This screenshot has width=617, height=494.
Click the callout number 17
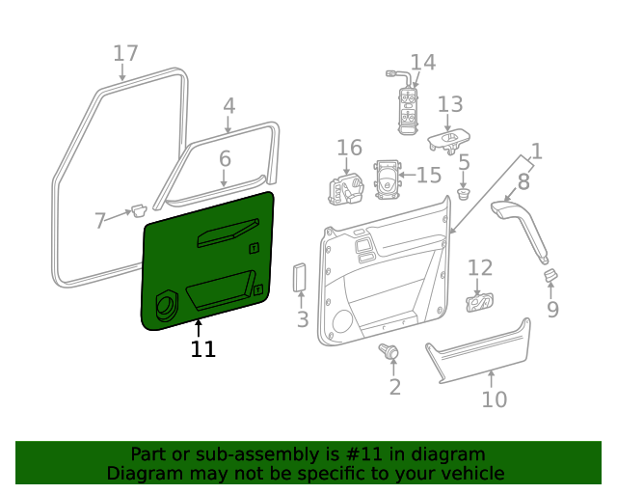tap(125, 53)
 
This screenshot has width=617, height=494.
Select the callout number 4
tap(228, 106)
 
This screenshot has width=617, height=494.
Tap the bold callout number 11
tap(202, 348)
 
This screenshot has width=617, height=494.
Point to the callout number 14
tap(423, 63)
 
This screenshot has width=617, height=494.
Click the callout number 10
tap(494, 398)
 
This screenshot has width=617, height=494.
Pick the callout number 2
tap(394, 387)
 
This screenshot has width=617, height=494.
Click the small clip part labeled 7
tap(138, 209)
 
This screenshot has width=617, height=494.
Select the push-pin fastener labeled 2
tap(391, 352)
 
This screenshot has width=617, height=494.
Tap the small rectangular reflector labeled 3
tap(300, 278)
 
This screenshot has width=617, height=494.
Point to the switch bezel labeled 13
tap(448, 141)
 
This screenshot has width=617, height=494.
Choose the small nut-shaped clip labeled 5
tap(464, 193)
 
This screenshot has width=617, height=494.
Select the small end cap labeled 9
tap(551, 277)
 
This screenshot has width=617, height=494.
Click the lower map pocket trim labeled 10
tap(479, 349)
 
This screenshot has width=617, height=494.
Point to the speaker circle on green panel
tap(165, 306)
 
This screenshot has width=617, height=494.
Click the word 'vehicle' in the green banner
tap(468, 473)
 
